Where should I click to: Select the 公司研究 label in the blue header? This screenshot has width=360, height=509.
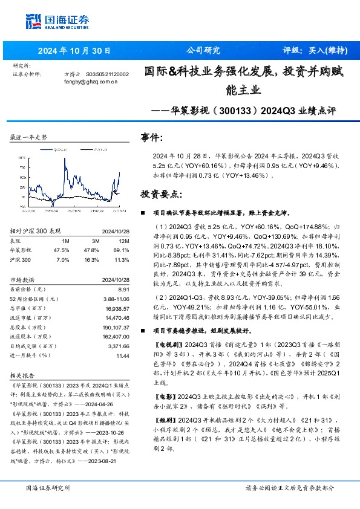pos(203,51)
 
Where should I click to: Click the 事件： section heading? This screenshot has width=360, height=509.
pos(152,138)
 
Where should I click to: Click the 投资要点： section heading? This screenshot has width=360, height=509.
pos(160,194)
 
